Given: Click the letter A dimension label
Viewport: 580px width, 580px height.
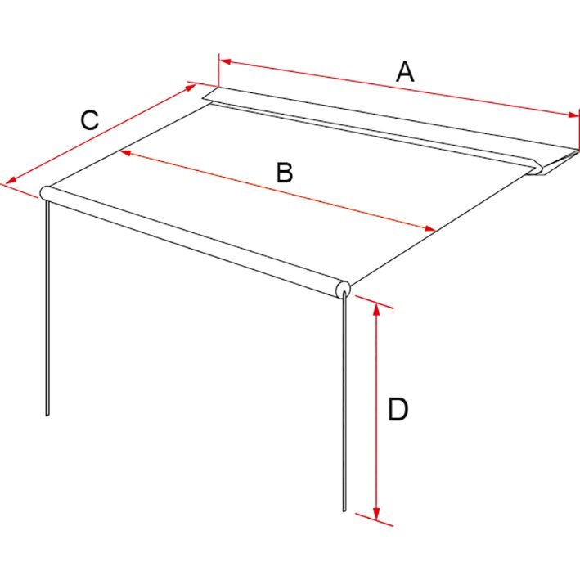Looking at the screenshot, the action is pos(405,72).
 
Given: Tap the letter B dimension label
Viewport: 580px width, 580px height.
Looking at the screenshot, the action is pos(285,173).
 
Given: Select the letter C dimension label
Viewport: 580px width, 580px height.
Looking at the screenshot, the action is pos(90,120).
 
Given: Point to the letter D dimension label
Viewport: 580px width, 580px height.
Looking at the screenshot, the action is pos(398,409).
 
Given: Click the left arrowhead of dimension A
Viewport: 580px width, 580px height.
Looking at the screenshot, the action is pos(225,61).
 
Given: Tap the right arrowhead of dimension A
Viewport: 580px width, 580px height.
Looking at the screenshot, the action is pos(573,115).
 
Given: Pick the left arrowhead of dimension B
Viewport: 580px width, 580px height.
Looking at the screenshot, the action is pos(125,152).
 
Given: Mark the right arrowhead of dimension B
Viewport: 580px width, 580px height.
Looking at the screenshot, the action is pos(429,228).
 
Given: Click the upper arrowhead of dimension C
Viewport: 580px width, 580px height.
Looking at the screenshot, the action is pos(190,88).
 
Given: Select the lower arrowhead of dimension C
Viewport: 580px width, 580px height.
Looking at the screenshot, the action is pos(11,180).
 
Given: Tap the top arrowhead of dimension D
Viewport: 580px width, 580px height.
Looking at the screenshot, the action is pos(376,309).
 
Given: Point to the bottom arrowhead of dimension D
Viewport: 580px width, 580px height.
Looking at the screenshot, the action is pos(376,513).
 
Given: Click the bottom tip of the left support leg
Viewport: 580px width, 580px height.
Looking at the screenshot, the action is pos(47,416).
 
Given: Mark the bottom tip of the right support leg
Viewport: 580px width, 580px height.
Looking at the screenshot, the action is pos(344,511).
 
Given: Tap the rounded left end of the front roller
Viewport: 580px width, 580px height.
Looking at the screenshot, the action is pos(44,193).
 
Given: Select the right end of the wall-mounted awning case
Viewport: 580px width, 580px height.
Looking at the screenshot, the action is pos(555,162).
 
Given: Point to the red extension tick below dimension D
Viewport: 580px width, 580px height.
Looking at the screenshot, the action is pos(374,519).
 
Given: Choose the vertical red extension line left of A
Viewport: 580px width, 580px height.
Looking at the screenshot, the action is pos(219,70).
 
